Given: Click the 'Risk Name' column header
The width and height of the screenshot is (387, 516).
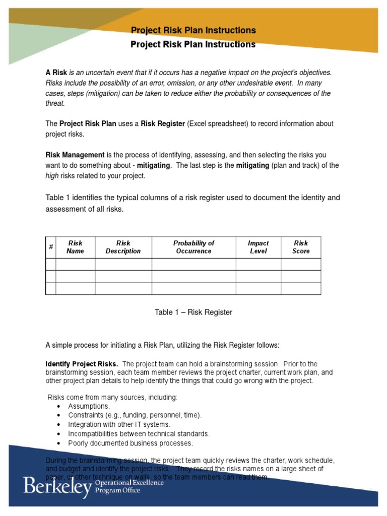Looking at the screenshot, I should [x=75, y=247].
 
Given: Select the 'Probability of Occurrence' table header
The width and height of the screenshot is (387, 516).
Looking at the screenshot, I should [x=193, y=247].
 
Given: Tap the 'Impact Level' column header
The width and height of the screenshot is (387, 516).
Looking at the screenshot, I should [x=258, y=247].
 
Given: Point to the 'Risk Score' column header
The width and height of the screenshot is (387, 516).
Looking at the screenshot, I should [x=301, y=247].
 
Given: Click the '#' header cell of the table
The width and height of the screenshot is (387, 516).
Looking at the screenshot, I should [x=51, y=247].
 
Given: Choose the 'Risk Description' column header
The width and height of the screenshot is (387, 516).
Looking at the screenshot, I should [x=123, y=247].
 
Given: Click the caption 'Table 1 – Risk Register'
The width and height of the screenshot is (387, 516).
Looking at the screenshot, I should [x=193, y=312].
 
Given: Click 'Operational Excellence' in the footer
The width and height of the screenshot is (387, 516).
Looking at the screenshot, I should [x=130, y=483].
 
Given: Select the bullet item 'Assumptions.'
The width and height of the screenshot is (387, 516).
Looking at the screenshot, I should [x=89, y=406].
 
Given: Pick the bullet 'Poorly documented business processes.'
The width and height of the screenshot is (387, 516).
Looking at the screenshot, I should [x=131, y=443].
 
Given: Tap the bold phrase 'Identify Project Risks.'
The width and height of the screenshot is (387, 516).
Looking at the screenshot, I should [x=82, y=364].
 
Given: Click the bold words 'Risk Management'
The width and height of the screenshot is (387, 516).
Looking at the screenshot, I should [x=75, y=155].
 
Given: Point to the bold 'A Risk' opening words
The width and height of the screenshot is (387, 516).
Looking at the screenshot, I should [x=56, y=73].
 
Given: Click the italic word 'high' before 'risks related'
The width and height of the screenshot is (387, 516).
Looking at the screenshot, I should [x=52, y=176].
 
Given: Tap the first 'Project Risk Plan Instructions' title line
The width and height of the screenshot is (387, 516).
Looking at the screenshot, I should [x=193, y=31].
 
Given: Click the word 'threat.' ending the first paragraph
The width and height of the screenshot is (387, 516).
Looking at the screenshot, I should [x=55, y=104].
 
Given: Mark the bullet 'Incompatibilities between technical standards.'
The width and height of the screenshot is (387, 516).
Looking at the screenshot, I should [x=139, y=434].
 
